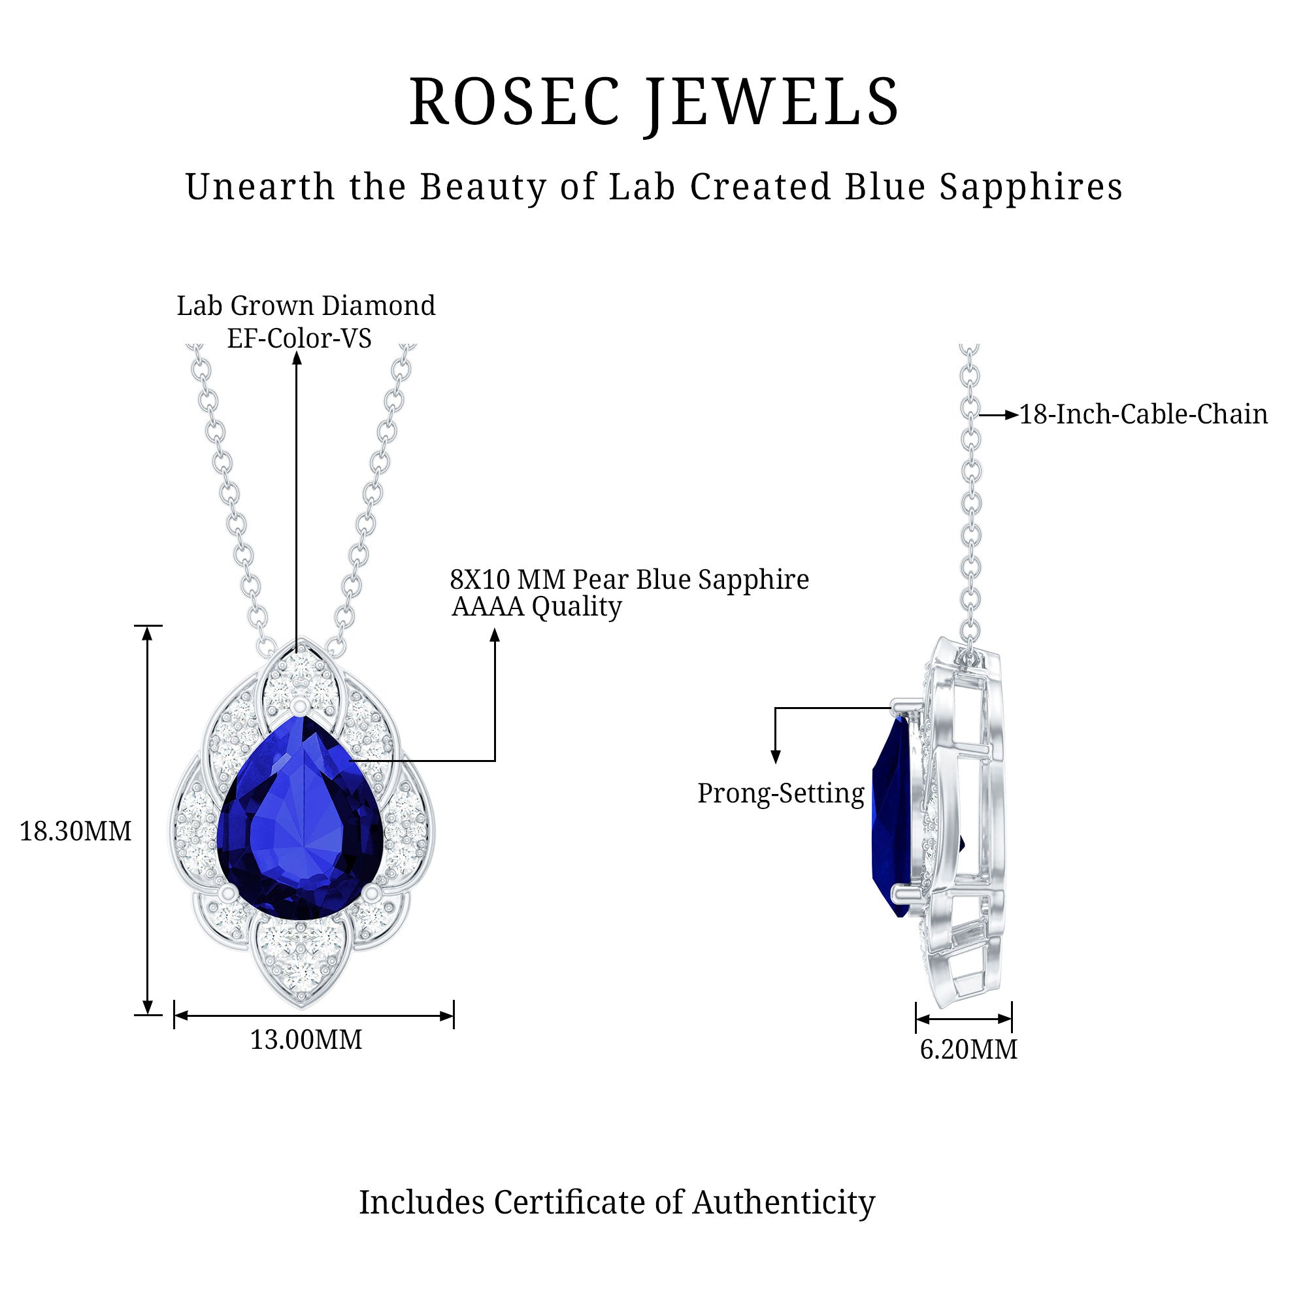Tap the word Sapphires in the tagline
point(1031,188)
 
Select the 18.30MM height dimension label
point(75,831)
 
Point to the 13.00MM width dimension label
point(306,1040)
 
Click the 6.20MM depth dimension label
point(968,1050)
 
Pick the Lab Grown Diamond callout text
point(306,306)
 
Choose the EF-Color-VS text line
point(299,339)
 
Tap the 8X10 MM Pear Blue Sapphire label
point(629,580)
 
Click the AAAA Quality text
point(537,607)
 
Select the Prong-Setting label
point(781,793)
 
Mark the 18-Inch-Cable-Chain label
point(1143,415)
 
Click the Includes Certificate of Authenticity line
point(617,1202)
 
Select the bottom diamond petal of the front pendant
point(301,961)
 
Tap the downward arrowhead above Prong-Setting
point(776,757)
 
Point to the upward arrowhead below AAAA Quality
point(495,635)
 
